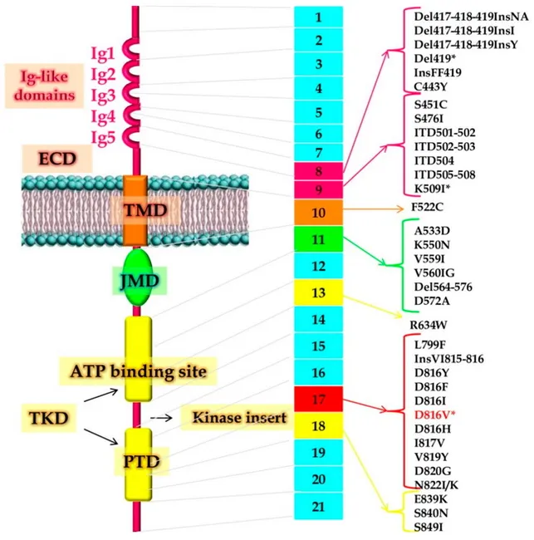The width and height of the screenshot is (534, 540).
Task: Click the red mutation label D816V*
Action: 440,413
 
